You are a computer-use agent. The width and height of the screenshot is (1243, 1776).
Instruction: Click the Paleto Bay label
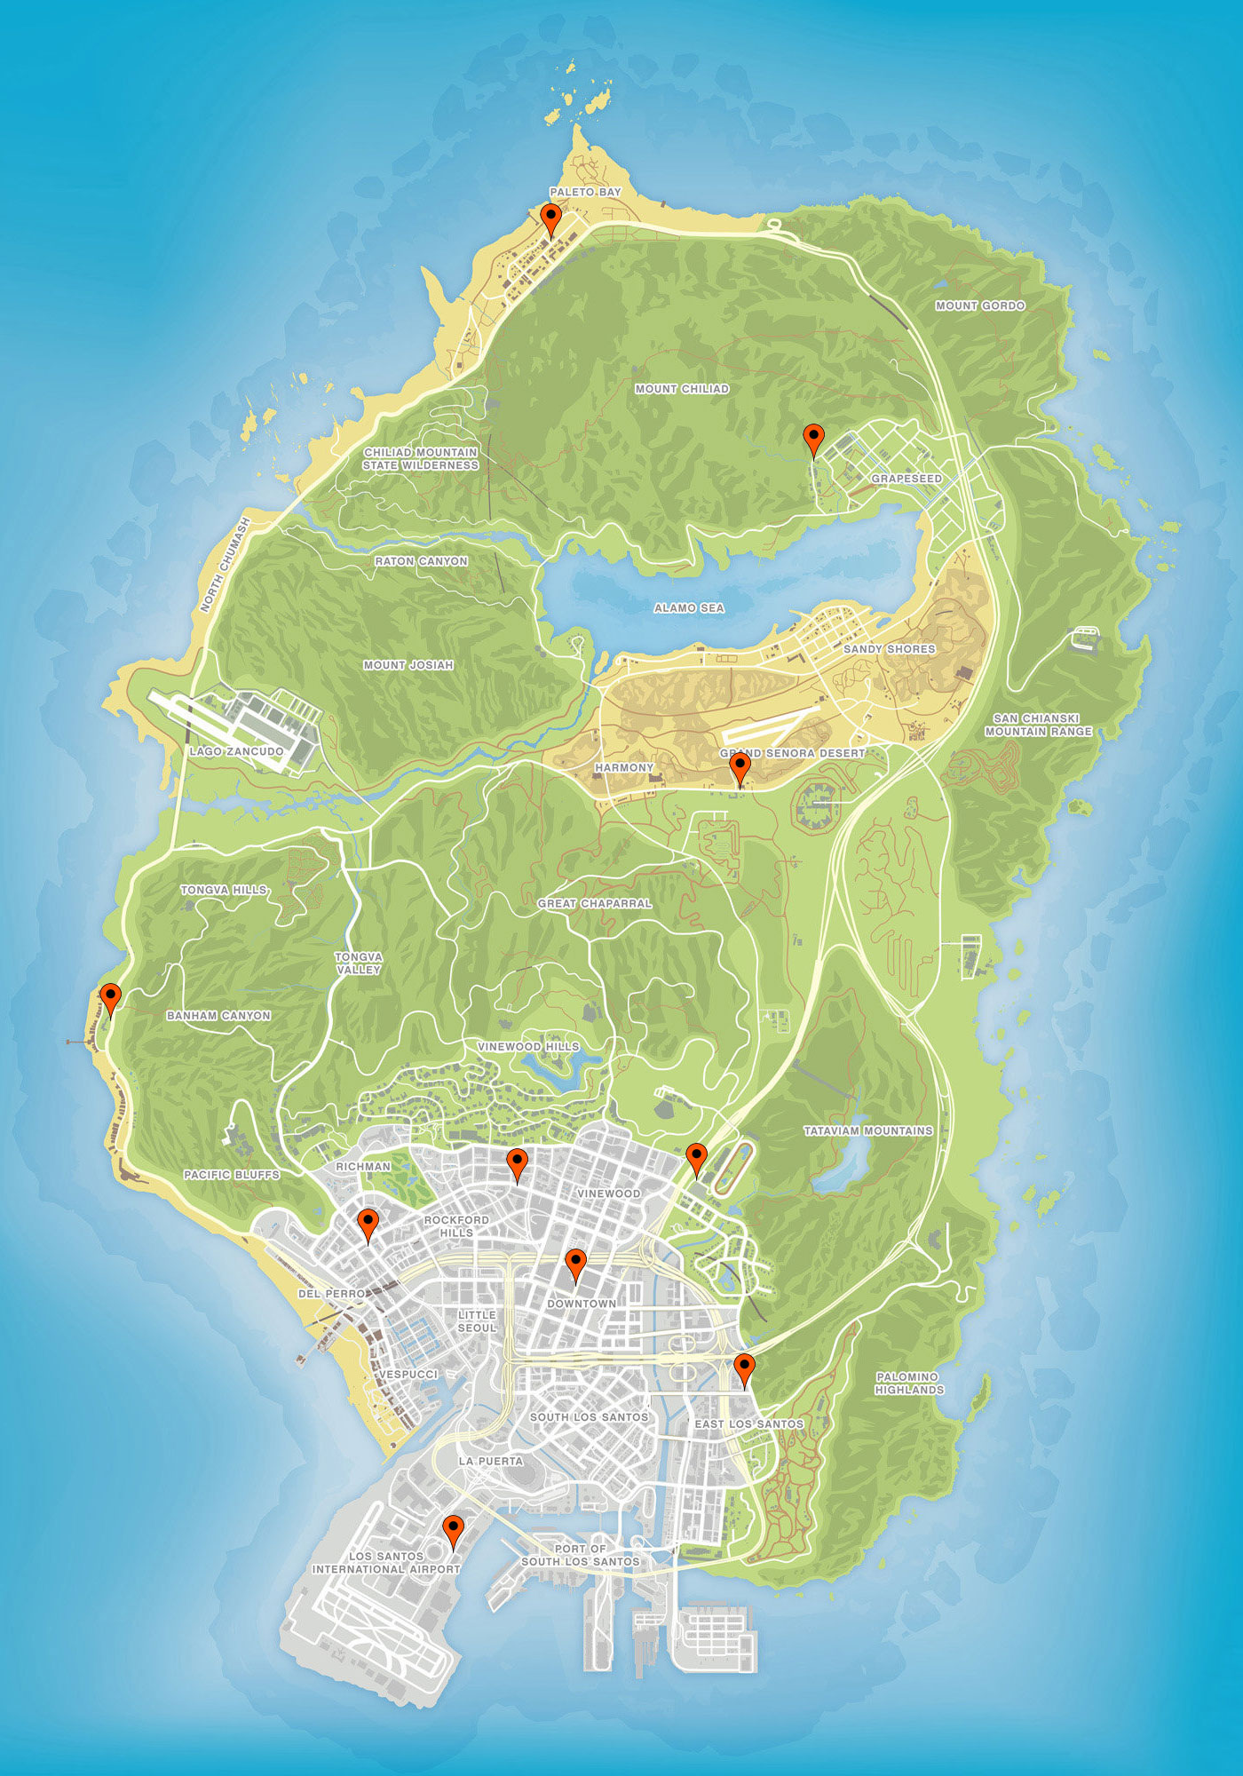[x=585, y=192]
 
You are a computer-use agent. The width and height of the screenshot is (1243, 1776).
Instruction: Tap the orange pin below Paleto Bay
[x=551, y=218]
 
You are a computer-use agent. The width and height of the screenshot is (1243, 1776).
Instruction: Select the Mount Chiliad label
[x=682, y=389]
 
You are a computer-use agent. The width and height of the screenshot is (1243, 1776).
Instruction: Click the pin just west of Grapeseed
[x=813, y=439]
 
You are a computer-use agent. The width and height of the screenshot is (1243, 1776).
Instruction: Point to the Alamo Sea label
[x=689, y=608]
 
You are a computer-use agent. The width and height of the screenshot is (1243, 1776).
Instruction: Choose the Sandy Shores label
[x=889, y=649]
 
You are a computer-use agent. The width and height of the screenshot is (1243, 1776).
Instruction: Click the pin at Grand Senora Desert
[x=740, y=767]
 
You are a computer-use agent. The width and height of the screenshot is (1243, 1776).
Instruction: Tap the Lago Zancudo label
[x=236, y=751]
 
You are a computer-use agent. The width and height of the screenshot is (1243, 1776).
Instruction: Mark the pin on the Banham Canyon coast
[x=110, y=997]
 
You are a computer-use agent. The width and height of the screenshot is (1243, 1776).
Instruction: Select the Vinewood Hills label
[x=528, y=1046]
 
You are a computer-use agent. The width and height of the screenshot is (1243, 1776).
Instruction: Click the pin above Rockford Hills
[x=517, y=1162]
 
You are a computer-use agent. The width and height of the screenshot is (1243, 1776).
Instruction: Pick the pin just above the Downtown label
[x=575, y=1263]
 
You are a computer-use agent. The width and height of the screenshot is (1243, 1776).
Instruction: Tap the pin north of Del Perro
[x=368, y=1223]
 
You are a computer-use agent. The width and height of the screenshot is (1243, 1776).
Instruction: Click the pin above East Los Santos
[x=744, y=1368]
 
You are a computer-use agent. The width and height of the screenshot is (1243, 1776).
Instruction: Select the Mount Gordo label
[x=980, y=305]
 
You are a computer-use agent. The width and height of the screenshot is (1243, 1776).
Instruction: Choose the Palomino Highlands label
[x=909, y=1384]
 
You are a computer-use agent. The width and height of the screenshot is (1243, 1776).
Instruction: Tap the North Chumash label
[x=226, y=565]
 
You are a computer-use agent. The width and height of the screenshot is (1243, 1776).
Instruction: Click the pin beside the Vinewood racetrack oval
[x=697, y=1158]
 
